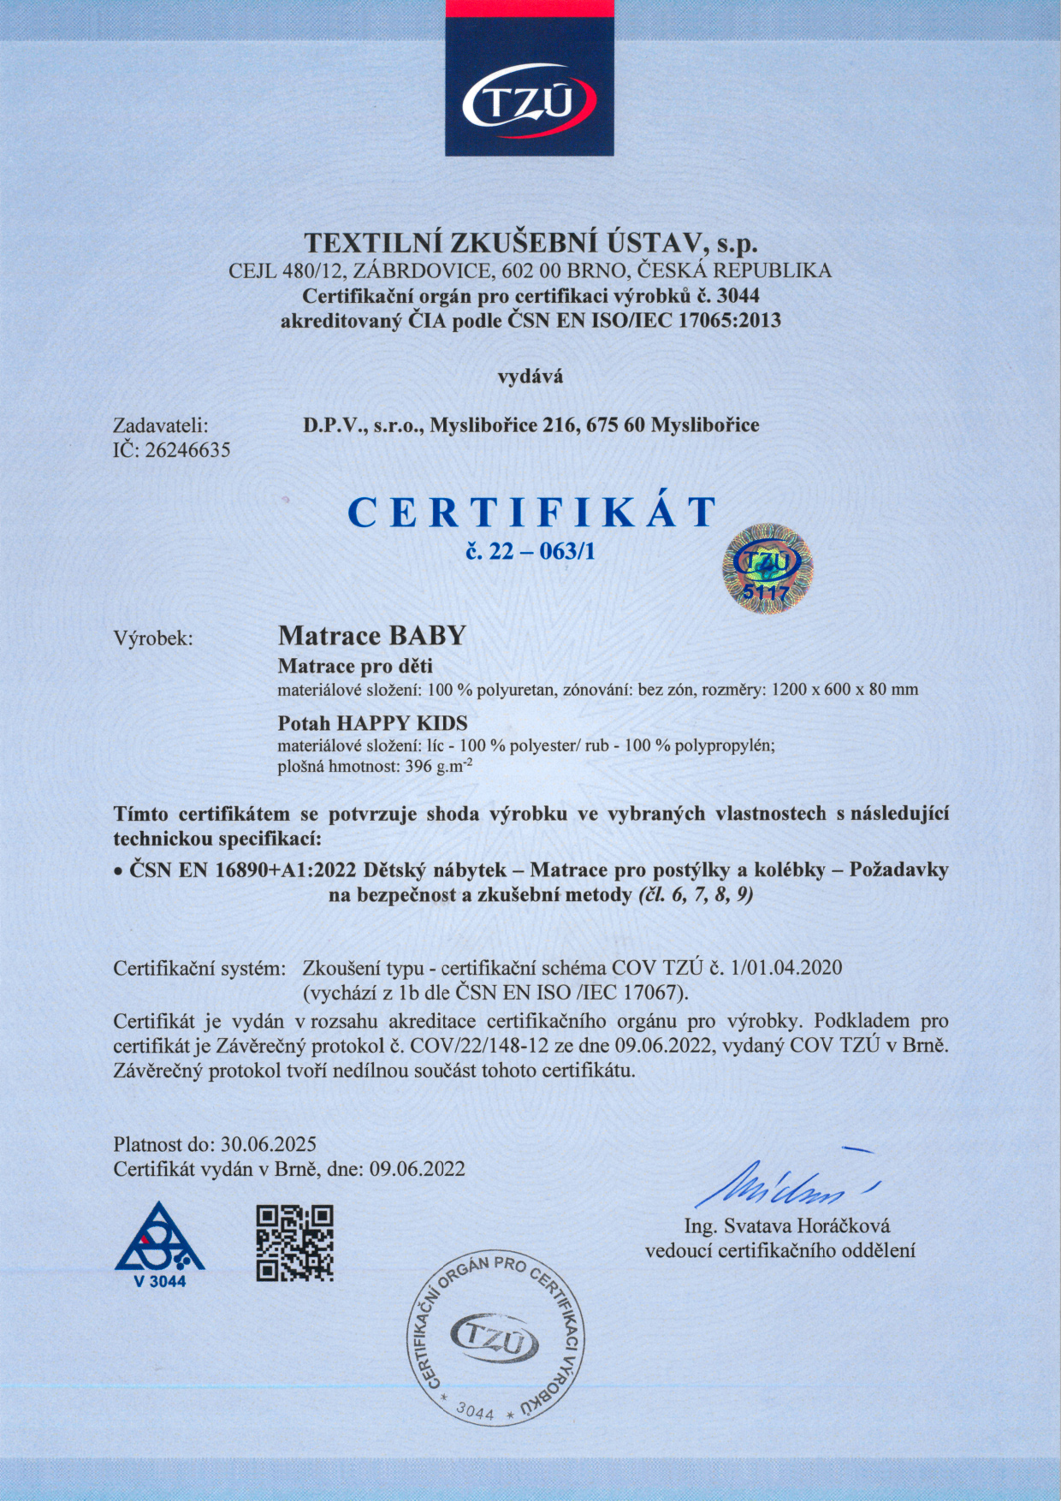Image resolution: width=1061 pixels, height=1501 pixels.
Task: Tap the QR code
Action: click(294, 1243)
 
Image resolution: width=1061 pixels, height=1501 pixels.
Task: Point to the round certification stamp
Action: click(495, 1340)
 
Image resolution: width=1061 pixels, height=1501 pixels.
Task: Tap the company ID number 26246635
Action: click(187, 450)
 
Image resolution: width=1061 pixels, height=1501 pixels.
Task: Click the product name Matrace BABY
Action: click(372, 636)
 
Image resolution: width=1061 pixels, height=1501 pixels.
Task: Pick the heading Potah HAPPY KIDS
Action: click(373, 723)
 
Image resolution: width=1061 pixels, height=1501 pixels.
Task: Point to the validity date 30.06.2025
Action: click(269, 1144)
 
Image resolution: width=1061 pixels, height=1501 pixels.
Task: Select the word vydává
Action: click(530, 376)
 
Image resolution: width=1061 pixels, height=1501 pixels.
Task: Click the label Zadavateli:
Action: click(161, 425)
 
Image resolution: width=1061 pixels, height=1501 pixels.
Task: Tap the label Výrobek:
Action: click(153, 638)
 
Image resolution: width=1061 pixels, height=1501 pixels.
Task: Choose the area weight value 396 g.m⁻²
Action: click(436, 767)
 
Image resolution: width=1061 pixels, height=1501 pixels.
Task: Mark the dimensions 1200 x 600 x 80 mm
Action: click(845, 689)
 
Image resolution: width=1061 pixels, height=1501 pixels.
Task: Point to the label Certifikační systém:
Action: click(199, 969)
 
